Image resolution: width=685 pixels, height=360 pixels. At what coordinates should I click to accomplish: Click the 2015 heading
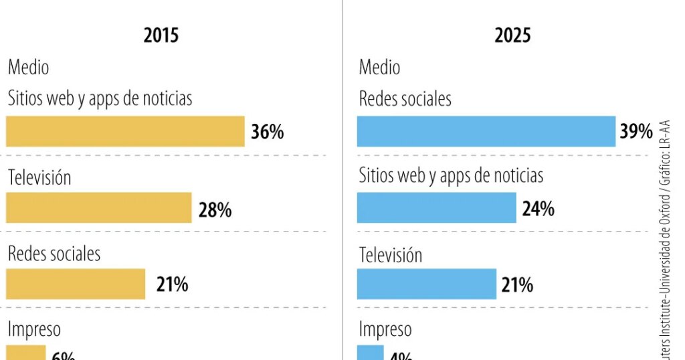(x=161, y=35)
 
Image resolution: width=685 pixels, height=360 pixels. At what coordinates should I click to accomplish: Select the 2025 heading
(x=512, y=35)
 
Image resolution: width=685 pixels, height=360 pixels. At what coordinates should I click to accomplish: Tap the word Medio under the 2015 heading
(x=28, y=68)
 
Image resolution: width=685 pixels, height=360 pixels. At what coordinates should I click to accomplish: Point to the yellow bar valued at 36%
(x=125, y=131)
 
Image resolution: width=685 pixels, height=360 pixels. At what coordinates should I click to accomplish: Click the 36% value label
(x=268, y=132)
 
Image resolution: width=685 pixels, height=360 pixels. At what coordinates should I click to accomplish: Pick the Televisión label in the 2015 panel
(x=39, y=177)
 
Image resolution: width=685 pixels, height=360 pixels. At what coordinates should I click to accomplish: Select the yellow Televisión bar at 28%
(x=98, y=208)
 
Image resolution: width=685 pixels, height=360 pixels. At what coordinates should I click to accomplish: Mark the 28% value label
(x=215, y=210)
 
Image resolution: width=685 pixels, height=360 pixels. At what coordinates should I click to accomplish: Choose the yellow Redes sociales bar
(x=76, y=284)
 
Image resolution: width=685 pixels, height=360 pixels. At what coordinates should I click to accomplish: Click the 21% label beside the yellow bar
(x=172, y=285)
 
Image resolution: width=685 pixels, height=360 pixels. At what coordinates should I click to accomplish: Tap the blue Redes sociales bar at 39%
(x=486, y=131)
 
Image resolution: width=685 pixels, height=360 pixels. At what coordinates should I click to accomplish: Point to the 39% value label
(x=635, y=132)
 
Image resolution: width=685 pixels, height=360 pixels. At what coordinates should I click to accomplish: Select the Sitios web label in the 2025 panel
(x=451, y=176)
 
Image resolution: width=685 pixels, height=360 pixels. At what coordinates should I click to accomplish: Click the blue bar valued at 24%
(x=436, y=207)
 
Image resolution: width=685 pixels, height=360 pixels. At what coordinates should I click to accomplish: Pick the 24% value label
(x=538, y=209)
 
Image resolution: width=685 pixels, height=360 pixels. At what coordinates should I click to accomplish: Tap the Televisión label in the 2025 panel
(x=391, y=255)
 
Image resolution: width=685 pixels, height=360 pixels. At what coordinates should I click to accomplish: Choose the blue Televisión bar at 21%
(x=426, y=284)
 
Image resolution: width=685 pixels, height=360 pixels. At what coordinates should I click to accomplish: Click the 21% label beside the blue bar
(x=517, y=285)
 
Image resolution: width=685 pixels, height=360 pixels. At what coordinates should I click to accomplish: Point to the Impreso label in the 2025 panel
(x=385, y=329)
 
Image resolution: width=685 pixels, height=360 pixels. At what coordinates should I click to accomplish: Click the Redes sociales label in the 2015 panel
(x=54, y=254)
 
